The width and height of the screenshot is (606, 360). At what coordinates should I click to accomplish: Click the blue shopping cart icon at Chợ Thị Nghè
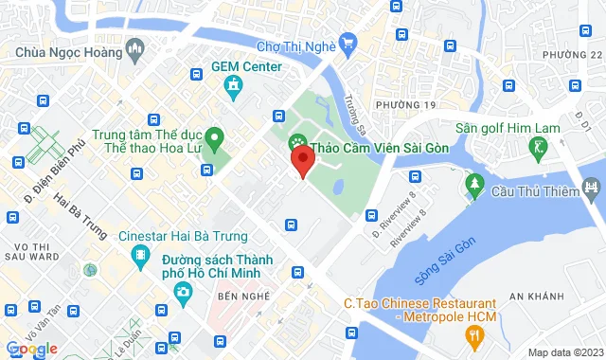click(x=348, y=42)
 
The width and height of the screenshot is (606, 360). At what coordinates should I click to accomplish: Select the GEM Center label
click(x=246, y=66)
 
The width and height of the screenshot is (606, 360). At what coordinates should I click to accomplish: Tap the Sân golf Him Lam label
click(x=536, y=127)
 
